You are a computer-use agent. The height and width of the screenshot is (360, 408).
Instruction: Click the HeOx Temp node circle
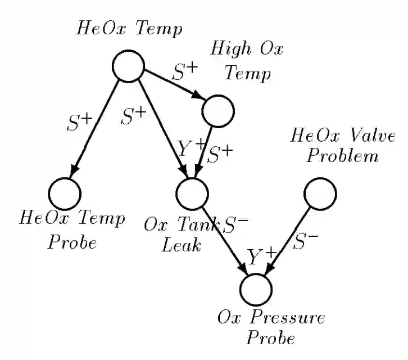128,65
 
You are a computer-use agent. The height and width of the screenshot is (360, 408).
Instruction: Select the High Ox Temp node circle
217,111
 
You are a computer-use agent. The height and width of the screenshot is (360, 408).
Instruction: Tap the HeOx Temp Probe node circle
64,193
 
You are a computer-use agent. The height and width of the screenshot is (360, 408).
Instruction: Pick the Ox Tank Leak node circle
192,193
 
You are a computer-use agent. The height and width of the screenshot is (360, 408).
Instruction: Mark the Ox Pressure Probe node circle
256,289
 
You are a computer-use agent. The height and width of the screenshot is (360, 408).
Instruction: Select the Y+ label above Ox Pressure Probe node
262,257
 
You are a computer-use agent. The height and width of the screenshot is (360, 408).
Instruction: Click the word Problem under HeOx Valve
342,155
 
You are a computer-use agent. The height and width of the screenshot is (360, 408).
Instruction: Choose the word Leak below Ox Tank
182,246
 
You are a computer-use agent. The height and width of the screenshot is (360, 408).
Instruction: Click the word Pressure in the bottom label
288,318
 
